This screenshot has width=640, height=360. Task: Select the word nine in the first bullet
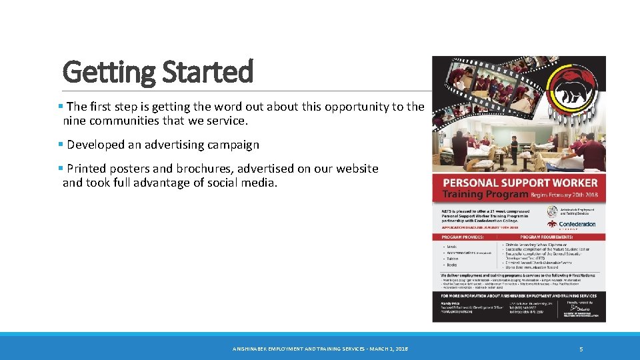pos(75,121)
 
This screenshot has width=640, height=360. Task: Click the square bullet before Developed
pos(61,145)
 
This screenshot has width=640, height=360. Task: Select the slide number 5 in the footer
pos(581,349)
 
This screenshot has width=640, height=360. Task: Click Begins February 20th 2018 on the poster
pos(564,195)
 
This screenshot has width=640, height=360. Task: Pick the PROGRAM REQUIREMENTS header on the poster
pos(546,237)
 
